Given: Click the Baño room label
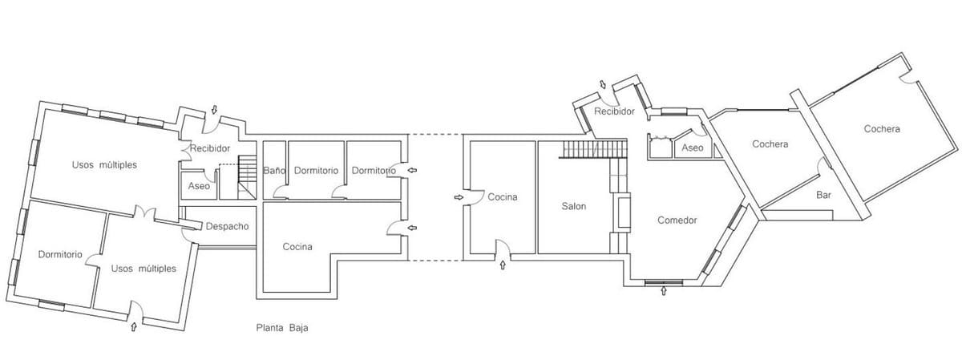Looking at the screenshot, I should point(274,171).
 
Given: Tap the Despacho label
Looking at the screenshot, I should point(227,226).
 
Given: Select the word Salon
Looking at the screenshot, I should point(574,206).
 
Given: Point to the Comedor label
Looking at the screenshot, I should point(677,220).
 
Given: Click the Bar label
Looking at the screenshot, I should point(823,195).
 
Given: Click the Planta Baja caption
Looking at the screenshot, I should point(282,328).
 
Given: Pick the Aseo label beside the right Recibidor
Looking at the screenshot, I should point(692,148).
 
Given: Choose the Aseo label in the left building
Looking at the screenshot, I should point(199,186).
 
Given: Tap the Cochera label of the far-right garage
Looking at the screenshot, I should point(882,128).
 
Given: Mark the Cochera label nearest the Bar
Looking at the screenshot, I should point(770,144).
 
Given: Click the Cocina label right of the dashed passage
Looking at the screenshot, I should point(503,196).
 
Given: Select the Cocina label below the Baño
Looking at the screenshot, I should point(297,246).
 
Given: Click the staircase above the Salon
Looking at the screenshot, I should point(594,148).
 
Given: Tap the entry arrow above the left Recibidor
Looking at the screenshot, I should point(214,110).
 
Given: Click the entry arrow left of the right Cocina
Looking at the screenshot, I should point(459,196).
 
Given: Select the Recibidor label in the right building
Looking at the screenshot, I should point(615,111).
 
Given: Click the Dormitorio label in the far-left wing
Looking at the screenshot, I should point(60,254).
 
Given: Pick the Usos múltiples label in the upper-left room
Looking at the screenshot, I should point(104,164).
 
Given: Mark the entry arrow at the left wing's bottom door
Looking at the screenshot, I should point(134,326).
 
